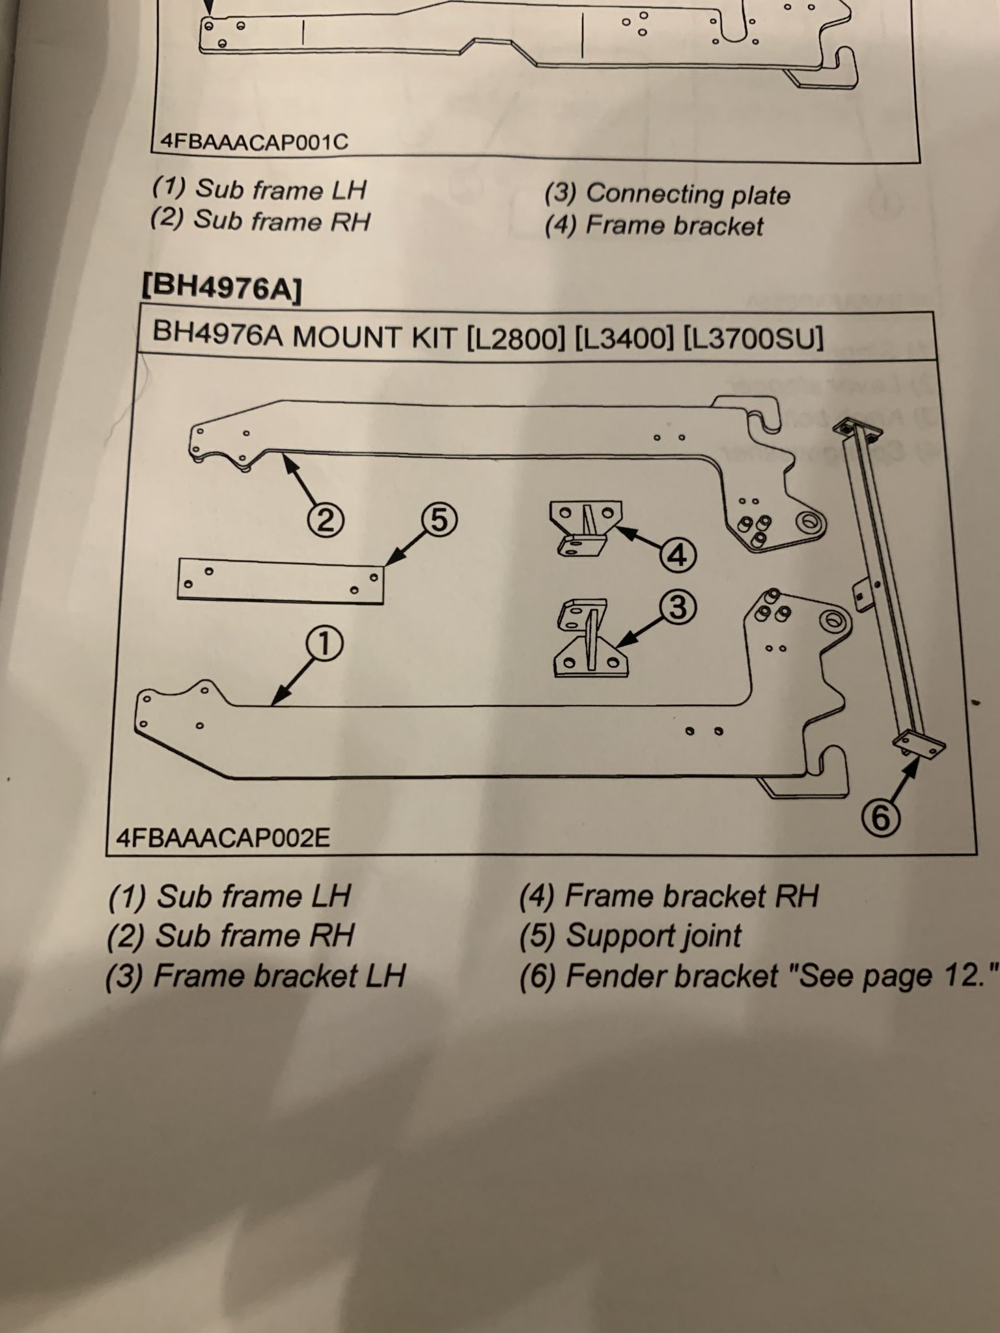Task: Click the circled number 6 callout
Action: pos(880,818)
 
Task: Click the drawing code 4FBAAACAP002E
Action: pos(223,837)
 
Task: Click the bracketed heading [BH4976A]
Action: pos(221,287)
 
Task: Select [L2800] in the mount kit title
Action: pos(516,338)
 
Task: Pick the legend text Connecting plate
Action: pos(688,194)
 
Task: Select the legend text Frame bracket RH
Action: pos(691,896)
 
